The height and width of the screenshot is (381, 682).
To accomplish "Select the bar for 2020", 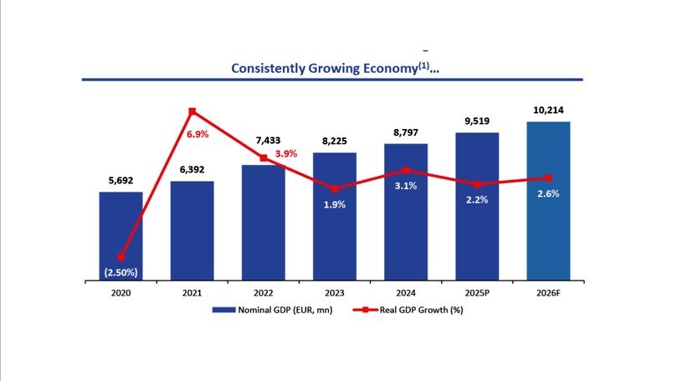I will (121, 234).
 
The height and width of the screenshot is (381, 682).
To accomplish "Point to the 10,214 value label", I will (548, 110).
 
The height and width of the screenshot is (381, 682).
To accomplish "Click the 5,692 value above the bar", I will (121, 178).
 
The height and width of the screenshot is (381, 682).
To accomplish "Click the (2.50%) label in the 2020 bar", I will (121, 272).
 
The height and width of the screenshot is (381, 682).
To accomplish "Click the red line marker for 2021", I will (192, 111).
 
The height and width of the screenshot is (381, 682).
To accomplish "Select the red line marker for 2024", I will (406, 170).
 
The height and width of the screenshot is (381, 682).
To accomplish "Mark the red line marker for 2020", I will (121, 257).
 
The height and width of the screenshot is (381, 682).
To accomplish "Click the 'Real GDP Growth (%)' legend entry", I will (413, 309).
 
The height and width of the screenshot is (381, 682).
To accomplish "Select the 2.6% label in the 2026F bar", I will (548, 193).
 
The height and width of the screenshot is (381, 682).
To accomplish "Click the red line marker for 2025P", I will (477, 184).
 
